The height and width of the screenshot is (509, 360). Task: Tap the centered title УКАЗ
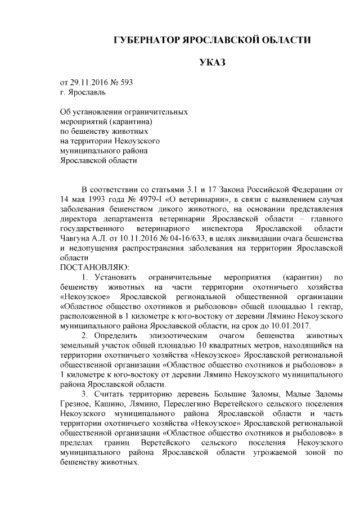(x=212, y=61)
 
